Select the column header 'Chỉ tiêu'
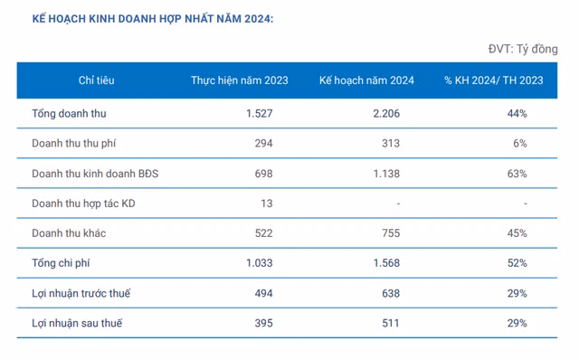pyautogui.click(x=97, y=81)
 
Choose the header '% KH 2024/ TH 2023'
pyautogui.click(x=493, y=81)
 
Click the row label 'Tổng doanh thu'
pyautogui.click(x=69, y=114)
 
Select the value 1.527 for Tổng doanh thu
pyautogui.click(x=259, y=114)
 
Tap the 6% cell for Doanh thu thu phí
pyautogui.click(x=520, y=144)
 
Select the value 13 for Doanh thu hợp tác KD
pyautogui.click(x=266, y=204)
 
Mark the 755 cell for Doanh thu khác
pyautogui.click(x=389, y=233)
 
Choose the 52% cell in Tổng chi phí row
pyautogui.click(x=517, y=263)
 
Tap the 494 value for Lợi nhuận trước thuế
pyautogui.click(x=262, y=293)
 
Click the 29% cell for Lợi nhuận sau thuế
pyautogui.click(x=517, y=323)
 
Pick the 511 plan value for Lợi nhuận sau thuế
pyautogui.click(x=390, y=323)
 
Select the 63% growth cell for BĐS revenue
pyautogui.click(x=517, y=174)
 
